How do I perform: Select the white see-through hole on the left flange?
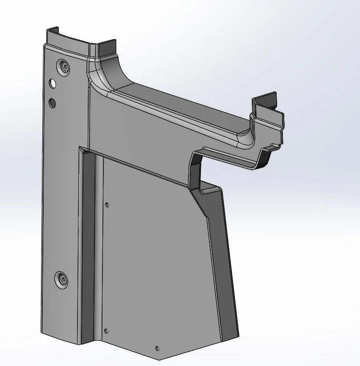tap(53, 83)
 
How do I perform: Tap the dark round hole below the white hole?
tap(53, 103)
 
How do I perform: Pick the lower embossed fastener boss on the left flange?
tap(62, 280)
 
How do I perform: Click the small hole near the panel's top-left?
tap(107, 205)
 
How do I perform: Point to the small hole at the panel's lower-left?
tap(106, 331)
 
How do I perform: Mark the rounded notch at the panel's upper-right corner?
tap(206, 191)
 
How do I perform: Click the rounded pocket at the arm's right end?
tap(245, 136)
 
